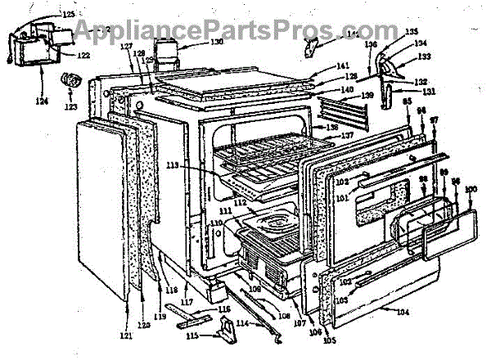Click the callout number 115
[x=193, y=336]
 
